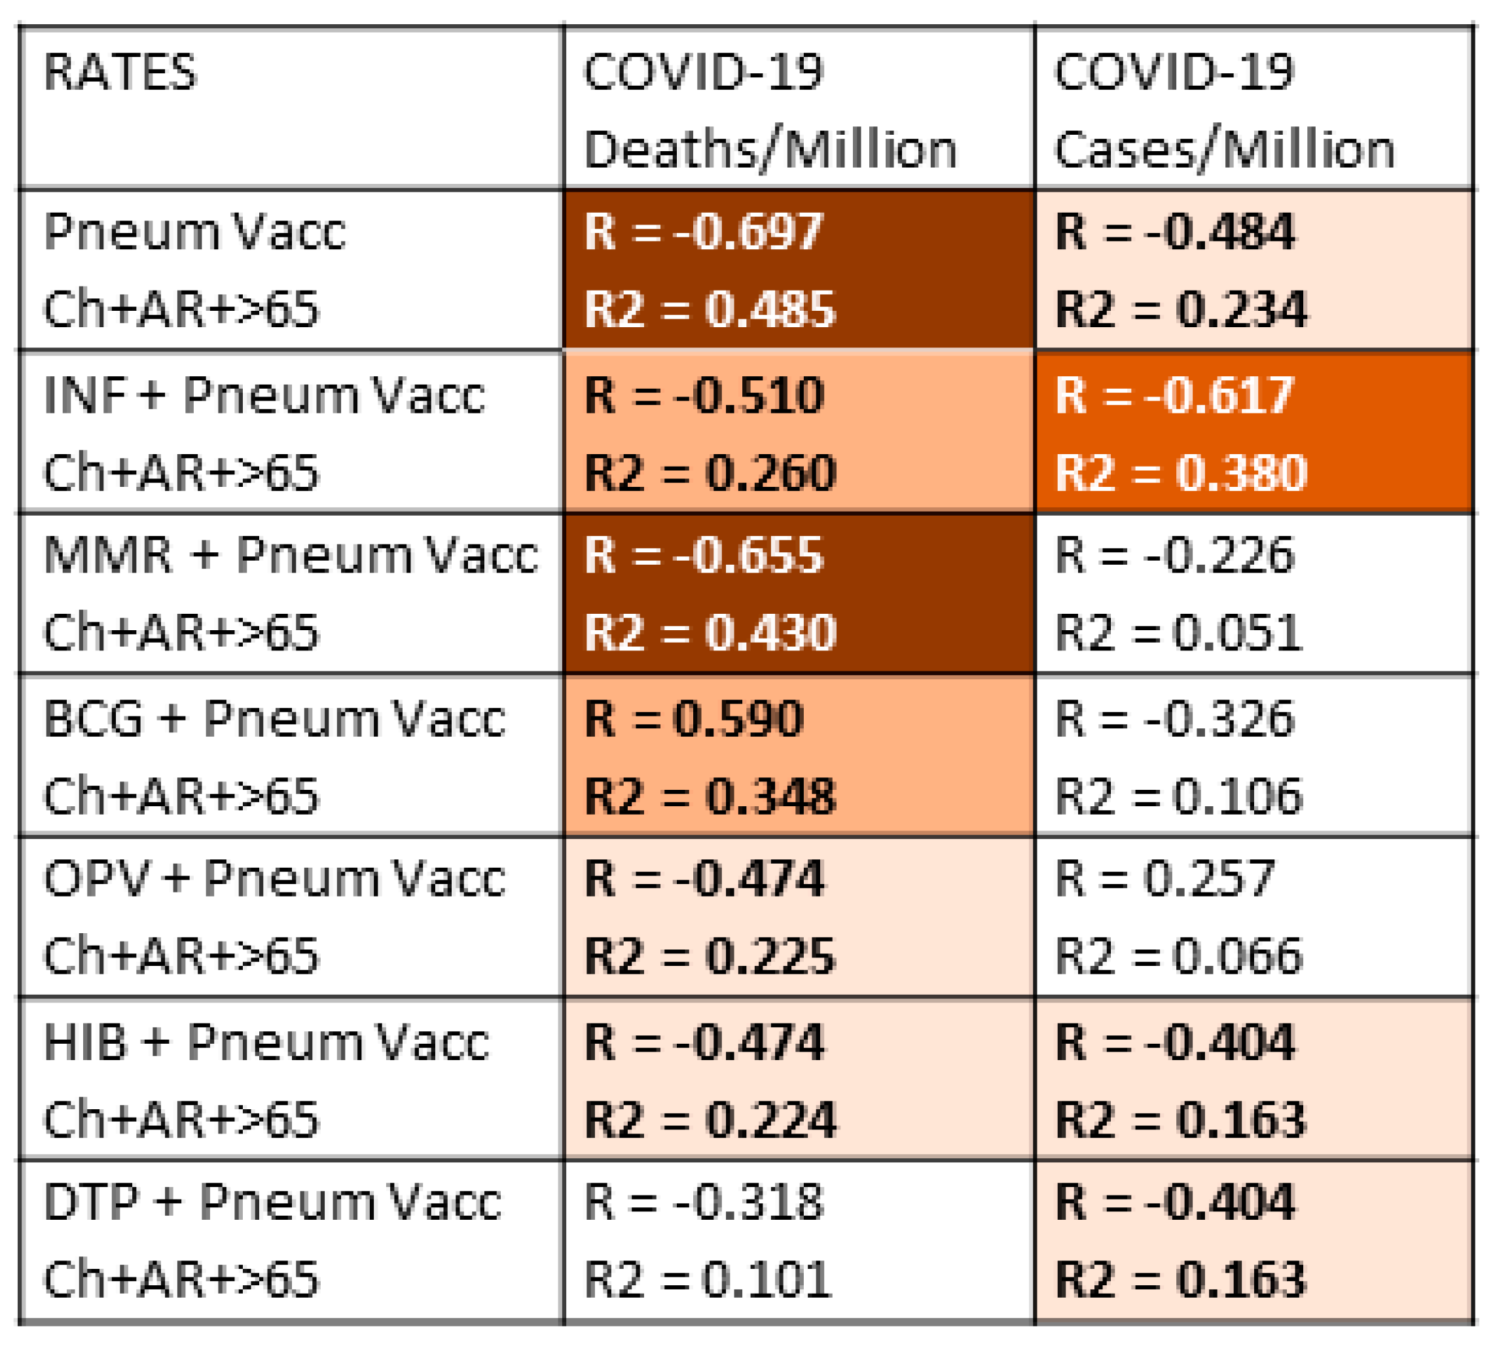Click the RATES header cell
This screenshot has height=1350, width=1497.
coord(120,73)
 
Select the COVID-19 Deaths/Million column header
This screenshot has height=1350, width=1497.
coord(769,111)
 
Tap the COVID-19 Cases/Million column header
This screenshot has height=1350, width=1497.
coord(1224,111)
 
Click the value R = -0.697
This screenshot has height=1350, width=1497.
coord(703,232)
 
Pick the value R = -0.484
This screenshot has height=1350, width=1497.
coord(1174,232)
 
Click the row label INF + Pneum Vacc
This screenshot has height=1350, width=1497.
coord(264,395)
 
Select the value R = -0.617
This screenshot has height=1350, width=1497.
coord(1174,395)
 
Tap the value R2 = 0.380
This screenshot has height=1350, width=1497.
coord(1180,472)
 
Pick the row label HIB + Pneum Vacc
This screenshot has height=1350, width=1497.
coord(266,1042)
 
